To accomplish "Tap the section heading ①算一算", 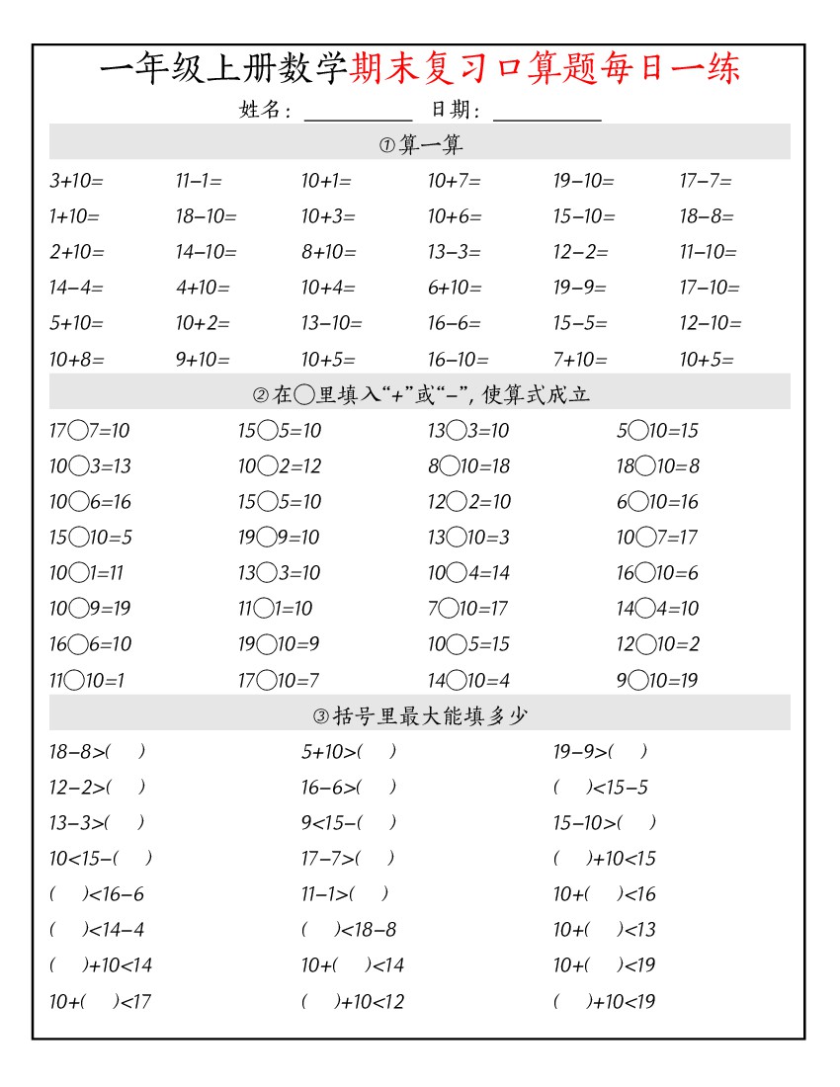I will click(x=420, y=145).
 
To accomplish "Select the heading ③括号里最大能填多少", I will click(x=420, y=715).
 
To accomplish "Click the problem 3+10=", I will click(x=76, y=181).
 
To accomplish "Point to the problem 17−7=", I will click(x=706, y=181).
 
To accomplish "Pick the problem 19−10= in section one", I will click(x=583, y=181).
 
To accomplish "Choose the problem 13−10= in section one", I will click(x=332, y=323).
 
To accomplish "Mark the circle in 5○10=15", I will click(x=638, y=430).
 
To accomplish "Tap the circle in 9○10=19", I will click(x=638, y=680).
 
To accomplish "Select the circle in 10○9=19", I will click(x=79, y=608).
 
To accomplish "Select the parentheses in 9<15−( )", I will click(x=378, y=822).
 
